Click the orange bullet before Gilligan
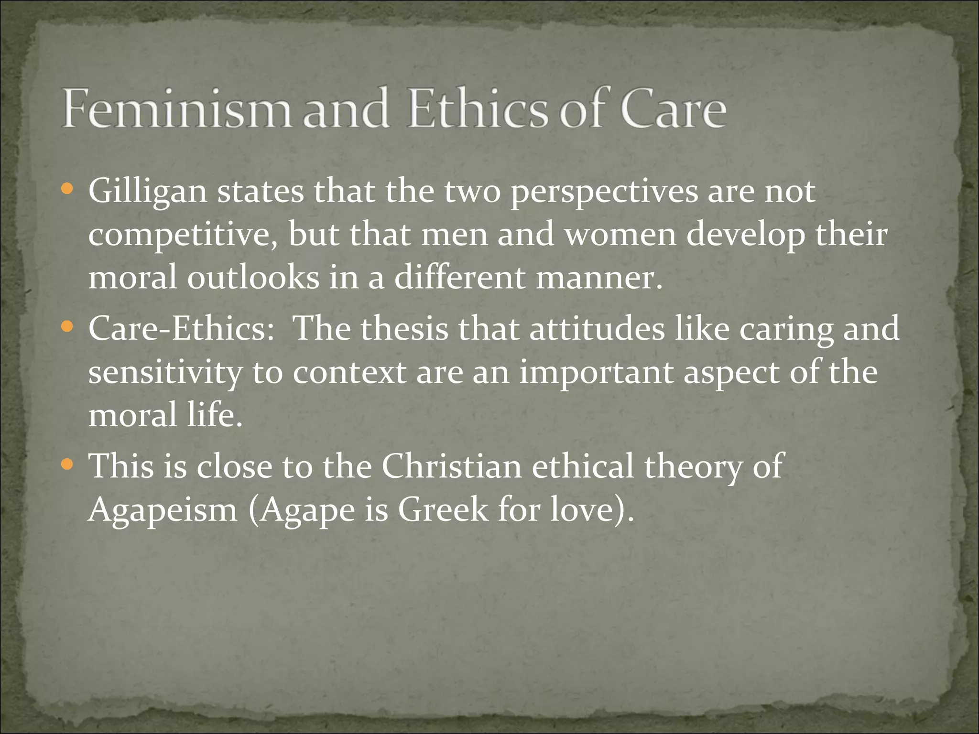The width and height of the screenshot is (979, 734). click(67, 190)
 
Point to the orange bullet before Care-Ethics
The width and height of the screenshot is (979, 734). click(67, 327)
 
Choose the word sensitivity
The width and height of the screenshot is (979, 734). click(165, 373)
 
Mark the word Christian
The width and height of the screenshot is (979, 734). click(451, 466)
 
